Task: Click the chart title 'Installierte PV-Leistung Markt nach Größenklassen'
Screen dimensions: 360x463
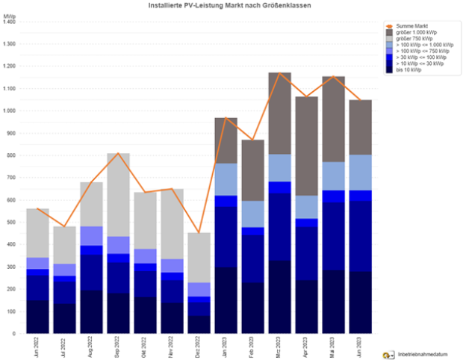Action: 223,5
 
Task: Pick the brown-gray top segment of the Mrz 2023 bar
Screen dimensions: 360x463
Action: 279,113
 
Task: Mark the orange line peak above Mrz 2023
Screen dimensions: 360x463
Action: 279,73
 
